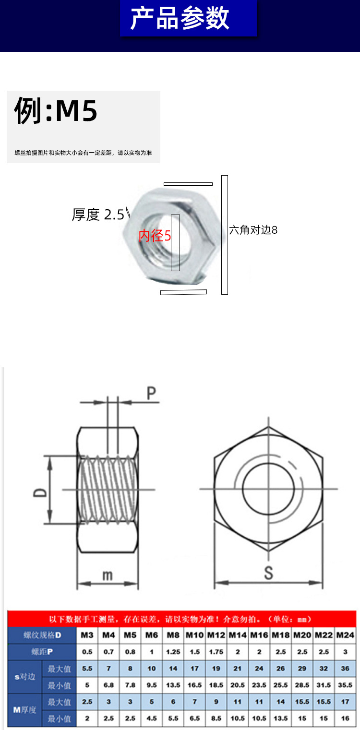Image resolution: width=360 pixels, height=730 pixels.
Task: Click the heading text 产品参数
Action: pyautogui.click(x=180, y=19)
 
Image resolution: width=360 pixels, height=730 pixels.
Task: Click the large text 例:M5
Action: pyautogui.click(x=56, y=111)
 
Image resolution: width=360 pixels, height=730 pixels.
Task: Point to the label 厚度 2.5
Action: pyautogui.click(x=98, y=215)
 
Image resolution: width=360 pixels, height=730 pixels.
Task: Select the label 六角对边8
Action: pyautogui.click(x=253, y=230)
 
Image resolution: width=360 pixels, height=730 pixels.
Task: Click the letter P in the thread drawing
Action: pyautogui.click(x=151, y=394)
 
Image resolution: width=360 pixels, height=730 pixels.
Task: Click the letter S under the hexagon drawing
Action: pyautogui.click(x=268, y=573)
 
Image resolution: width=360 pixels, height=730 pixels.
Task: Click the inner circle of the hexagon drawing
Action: pyautogui.click(x=268, y=489)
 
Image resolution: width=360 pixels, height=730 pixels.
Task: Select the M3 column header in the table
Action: pyautogui.click(x=87, y=635)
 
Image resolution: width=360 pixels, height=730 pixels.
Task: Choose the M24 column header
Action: pyautogui.click(x=345, y=635)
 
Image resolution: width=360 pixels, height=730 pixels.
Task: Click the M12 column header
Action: pyautogui.click(x=216, y=635)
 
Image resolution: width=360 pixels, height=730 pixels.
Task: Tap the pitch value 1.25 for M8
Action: pyautogui.click(x=173, y=652)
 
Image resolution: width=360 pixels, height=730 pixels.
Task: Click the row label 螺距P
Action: pyautogui.click(x=42, y=652)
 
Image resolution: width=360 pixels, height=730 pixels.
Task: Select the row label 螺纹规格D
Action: pyautogui.click(x=42, y=635)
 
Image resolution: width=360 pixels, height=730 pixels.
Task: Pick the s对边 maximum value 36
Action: pyautogui.click(x=345, y=669)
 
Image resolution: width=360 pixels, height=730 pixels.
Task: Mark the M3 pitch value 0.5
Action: pyautogui.click(x=87, y=652)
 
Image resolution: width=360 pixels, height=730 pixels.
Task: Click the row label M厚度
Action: pyautogui.click(x=24, y=710)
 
